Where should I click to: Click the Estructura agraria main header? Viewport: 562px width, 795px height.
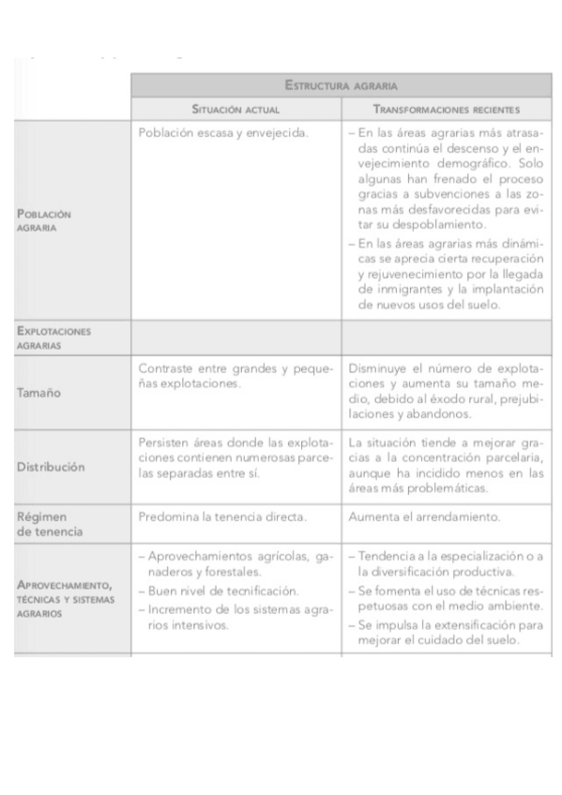tap(342, 85)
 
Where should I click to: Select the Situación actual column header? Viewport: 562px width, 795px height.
tap(236, 110)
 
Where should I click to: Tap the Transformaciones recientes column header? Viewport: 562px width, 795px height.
tap(446, 110)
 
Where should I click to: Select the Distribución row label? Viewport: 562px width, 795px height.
tap(51, 467)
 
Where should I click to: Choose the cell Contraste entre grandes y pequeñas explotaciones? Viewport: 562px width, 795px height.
tap(235, 374)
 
